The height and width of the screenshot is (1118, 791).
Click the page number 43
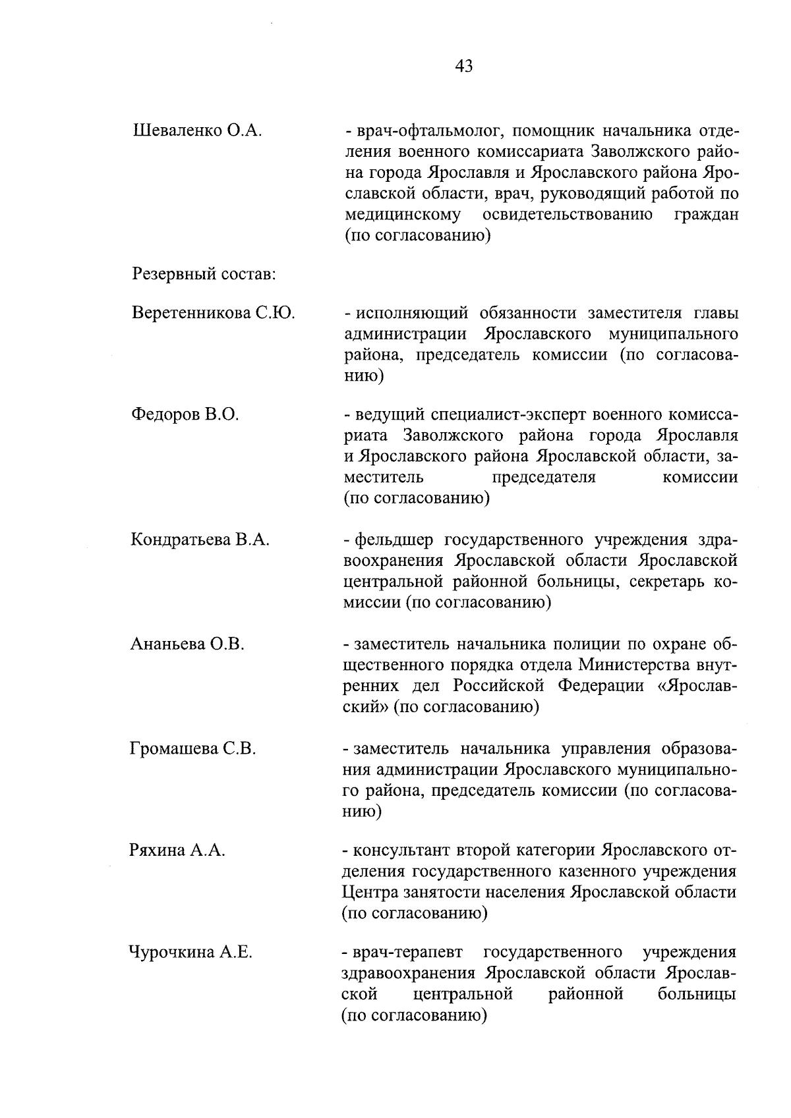pyautogui.click(x=463, y=66)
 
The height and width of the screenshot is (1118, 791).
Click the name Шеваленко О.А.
pyautogui.click(x=198, y=130)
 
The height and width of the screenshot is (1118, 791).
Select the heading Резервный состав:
pyautogui.click(x=204, y=273)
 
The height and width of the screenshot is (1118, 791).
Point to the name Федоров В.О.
pyautogui.click(x=185, y=414)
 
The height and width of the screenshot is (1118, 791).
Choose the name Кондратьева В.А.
pyautogui.click(x=200, y=540)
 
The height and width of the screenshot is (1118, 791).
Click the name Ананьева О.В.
pyautogui.click(x=188, y=644)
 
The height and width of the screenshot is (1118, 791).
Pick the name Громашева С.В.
pyautogui.click(x=193, y=748)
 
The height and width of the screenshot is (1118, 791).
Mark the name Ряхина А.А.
pyautogui.click(x=177, y=851)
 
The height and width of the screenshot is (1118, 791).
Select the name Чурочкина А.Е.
pyautogui.click(x=191, y=953)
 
